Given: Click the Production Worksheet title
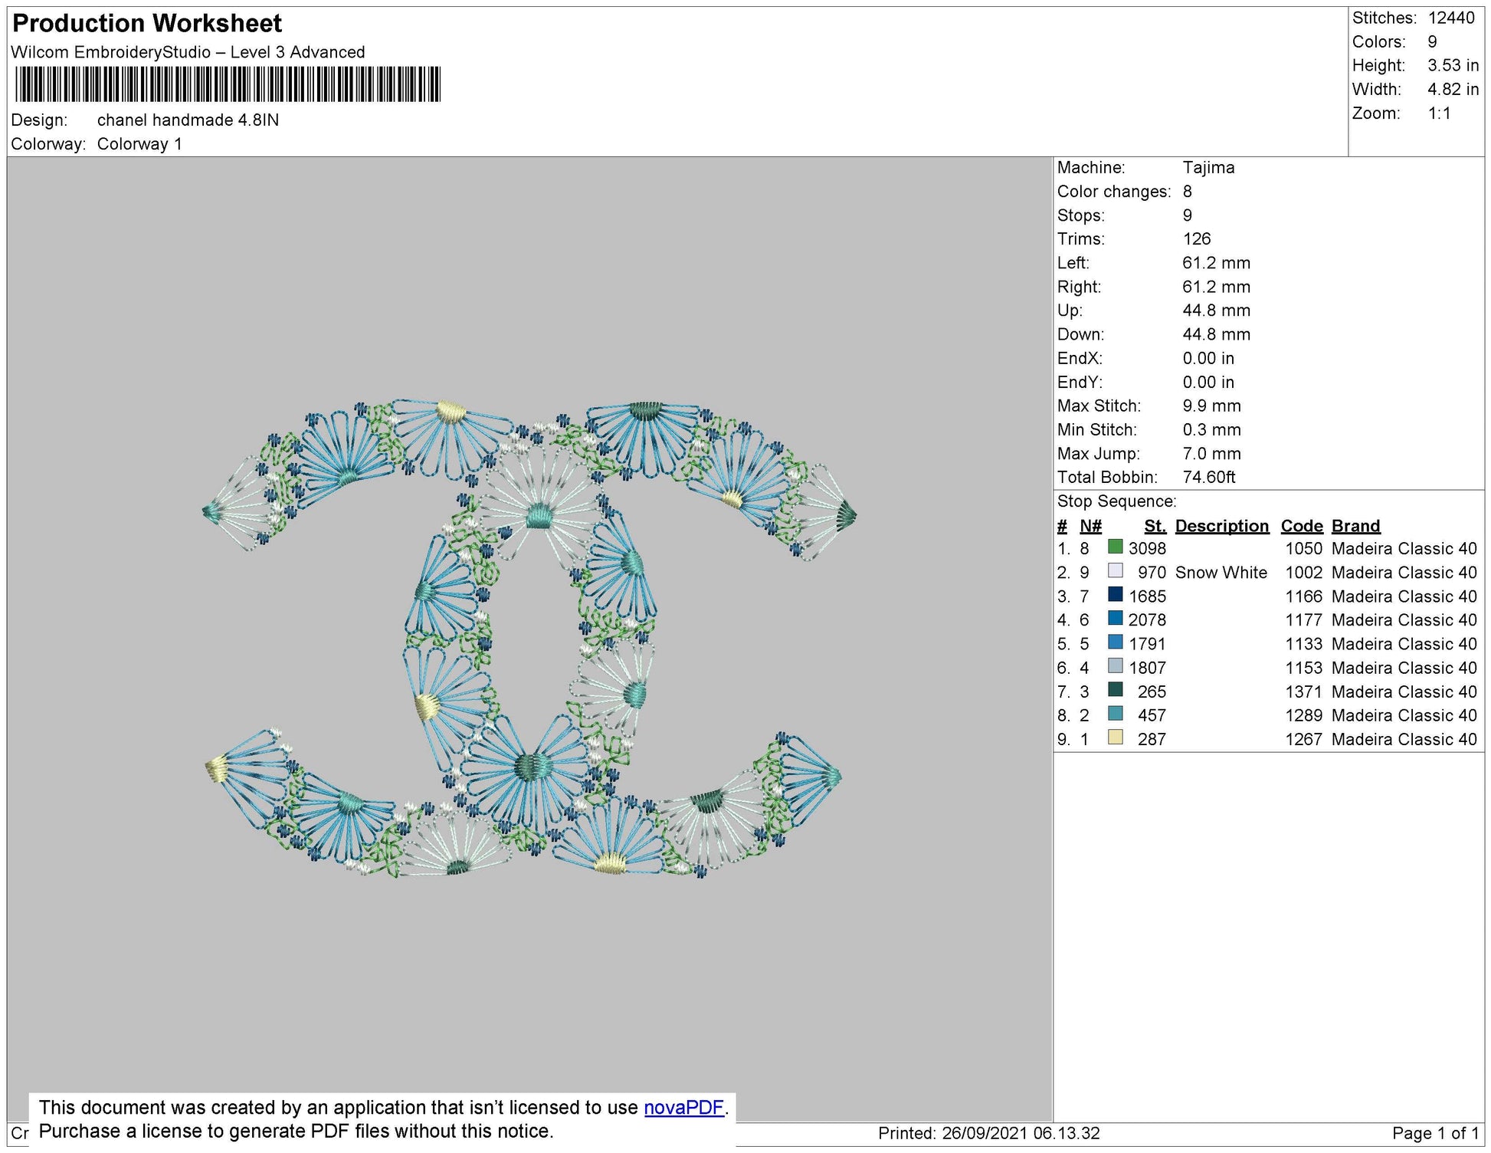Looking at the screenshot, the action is click(x=147, y=24).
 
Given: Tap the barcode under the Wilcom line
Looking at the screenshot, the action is click(x=228, y=84).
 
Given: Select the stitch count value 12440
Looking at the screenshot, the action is click(x=1451, y=18).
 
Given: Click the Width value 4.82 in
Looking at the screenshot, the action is click(x=1453, y=90).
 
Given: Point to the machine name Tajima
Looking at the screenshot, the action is click(x=1208, y=168).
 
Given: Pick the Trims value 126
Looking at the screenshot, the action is click(x=1197, y=239).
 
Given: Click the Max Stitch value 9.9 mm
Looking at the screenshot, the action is click(x=1211, y=406).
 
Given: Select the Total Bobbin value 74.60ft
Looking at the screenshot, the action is click(x=1209, y=478).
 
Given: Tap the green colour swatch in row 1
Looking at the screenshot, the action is click(x=1116, y=547).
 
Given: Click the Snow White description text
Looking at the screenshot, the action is click(x=1221, y=573).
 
